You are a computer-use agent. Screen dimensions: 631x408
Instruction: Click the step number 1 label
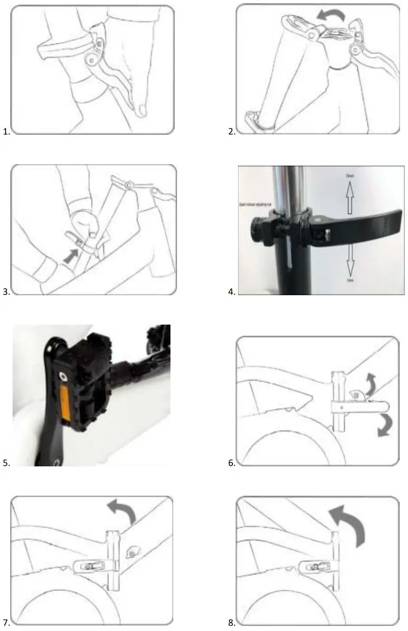point(6,132)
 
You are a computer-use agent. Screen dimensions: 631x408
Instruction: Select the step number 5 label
point(6,463)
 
